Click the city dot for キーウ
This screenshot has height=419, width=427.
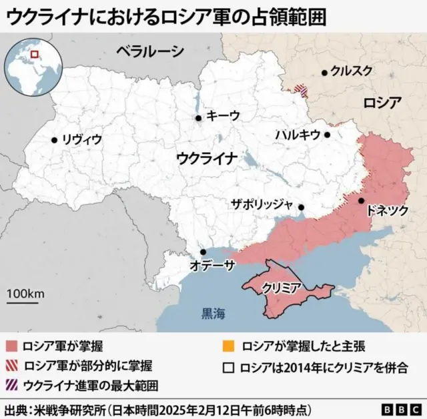click(198, 118)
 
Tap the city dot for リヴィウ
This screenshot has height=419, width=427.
click(54, 140)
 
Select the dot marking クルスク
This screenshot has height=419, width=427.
click(324, 72)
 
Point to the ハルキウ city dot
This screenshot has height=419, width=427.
click(328, 134)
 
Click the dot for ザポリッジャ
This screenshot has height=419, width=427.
click(301, 207)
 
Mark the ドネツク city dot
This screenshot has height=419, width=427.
click(360, 200)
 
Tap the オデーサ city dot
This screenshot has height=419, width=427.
click(203, 252)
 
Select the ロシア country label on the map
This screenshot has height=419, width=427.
click(383, 103)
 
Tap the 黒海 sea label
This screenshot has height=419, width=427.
click(214, 312)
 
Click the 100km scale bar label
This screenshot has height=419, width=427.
click(26, 294)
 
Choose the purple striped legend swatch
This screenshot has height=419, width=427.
click(11, 386)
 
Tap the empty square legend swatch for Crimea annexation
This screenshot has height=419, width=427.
click(229, 367)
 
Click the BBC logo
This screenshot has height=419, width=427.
click(401, 408)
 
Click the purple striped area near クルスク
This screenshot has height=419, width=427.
click(302, 89)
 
